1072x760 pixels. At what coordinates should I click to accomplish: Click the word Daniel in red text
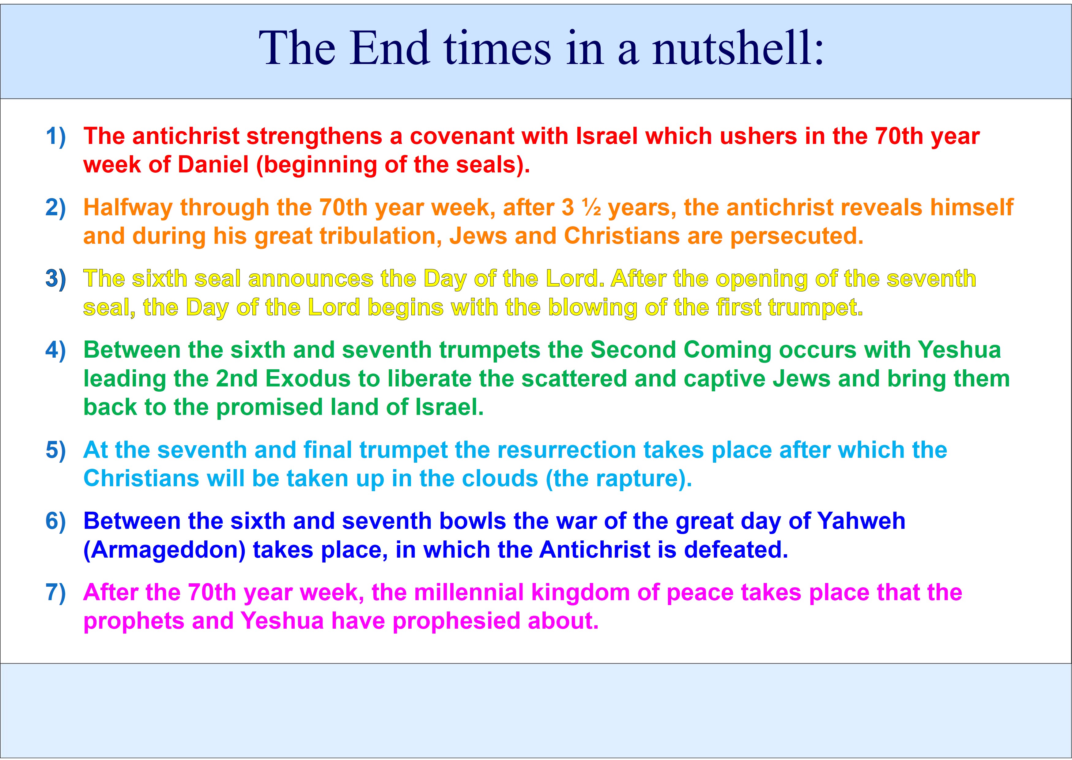pos(213,165)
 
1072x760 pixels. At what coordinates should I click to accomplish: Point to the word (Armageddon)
pos(164,550)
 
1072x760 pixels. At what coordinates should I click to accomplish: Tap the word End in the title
pos(390,48)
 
